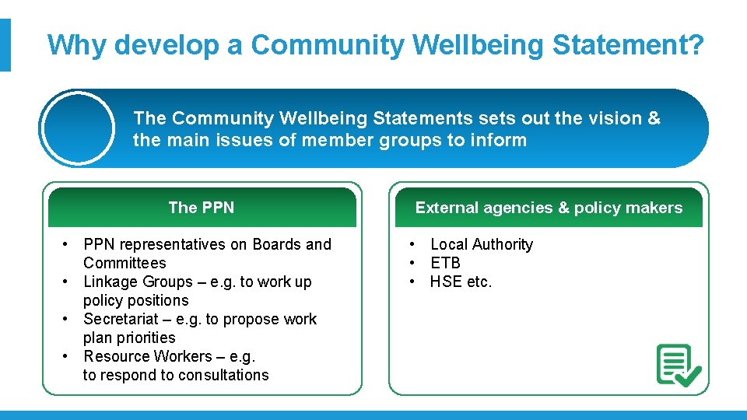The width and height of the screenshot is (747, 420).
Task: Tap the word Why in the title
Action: point(76,45)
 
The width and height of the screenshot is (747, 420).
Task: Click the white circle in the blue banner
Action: point(78,128)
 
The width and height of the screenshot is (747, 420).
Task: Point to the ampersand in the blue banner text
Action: point(654,118)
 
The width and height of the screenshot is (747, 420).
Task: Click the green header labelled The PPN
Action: point(202,208)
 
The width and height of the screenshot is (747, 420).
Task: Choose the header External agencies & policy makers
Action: point(549,208)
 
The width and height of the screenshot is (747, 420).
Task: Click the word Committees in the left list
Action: point(124,263)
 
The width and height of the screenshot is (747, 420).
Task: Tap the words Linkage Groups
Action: point(138,282)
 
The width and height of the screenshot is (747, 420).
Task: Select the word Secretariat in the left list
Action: point(122,319)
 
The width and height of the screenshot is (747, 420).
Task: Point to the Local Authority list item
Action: point(482,244)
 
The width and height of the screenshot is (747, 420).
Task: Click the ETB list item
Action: point(445,263)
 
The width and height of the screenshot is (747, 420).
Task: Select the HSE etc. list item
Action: point(461,282)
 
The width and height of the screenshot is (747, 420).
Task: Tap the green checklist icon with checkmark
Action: point(679,366)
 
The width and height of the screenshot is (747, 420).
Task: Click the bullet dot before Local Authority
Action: point(412,244)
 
